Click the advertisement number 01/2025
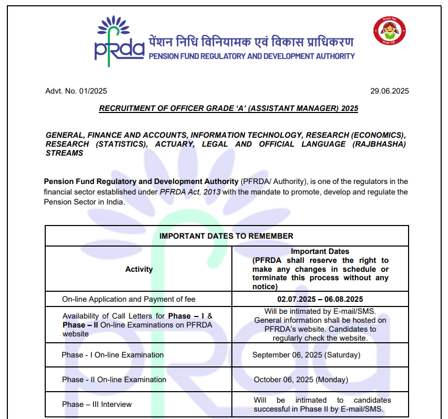(89, 91)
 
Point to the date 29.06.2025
(389, 91)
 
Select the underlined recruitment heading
(228, 108)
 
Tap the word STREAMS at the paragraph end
(64, 153)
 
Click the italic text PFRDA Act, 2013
(190, 192)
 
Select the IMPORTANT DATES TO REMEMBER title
(226, 236)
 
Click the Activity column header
(139, 269)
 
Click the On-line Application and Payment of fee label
(128, 299)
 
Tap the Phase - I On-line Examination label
(113, 355)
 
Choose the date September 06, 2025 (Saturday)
(306, 355)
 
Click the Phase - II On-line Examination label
(114, 380)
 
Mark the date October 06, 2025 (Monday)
(301, 380)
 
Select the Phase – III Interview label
(97, 404)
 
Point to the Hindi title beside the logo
(251, 42)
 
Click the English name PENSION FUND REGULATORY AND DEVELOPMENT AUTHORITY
(252, 56)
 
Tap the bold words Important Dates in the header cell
(320, 251)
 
